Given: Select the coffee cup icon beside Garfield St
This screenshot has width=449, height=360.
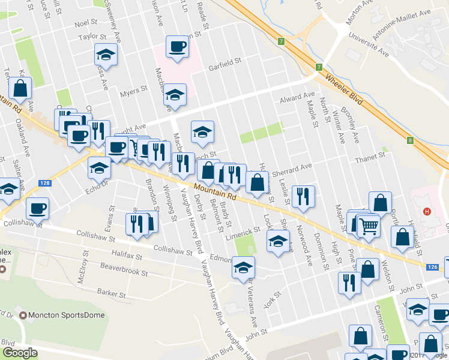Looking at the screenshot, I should pyautogui.click(x=177, y=47).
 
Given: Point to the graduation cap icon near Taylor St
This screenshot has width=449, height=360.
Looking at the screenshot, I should pyautogui.click(x=106, y=55).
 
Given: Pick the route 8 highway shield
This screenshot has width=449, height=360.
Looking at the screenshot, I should pyautogui.click(x=410, y=140).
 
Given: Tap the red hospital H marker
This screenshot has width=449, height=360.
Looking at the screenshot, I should pyautogui.click(x=427, y=211).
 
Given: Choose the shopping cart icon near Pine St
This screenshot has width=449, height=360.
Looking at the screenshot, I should pyautogui.click(x=369, y=226).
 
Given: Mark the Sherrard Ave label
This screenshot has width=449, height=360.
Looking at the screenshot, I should pyautogui.click(x=292, y=170).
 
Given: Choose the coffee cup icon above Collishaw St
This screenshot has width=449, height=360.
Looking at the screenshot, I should pyautogui.click(x=37, y=208).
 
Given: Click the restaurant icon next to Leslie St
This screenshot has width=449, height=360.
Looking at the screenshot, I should pyautogui.click(x=303, y=196).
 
